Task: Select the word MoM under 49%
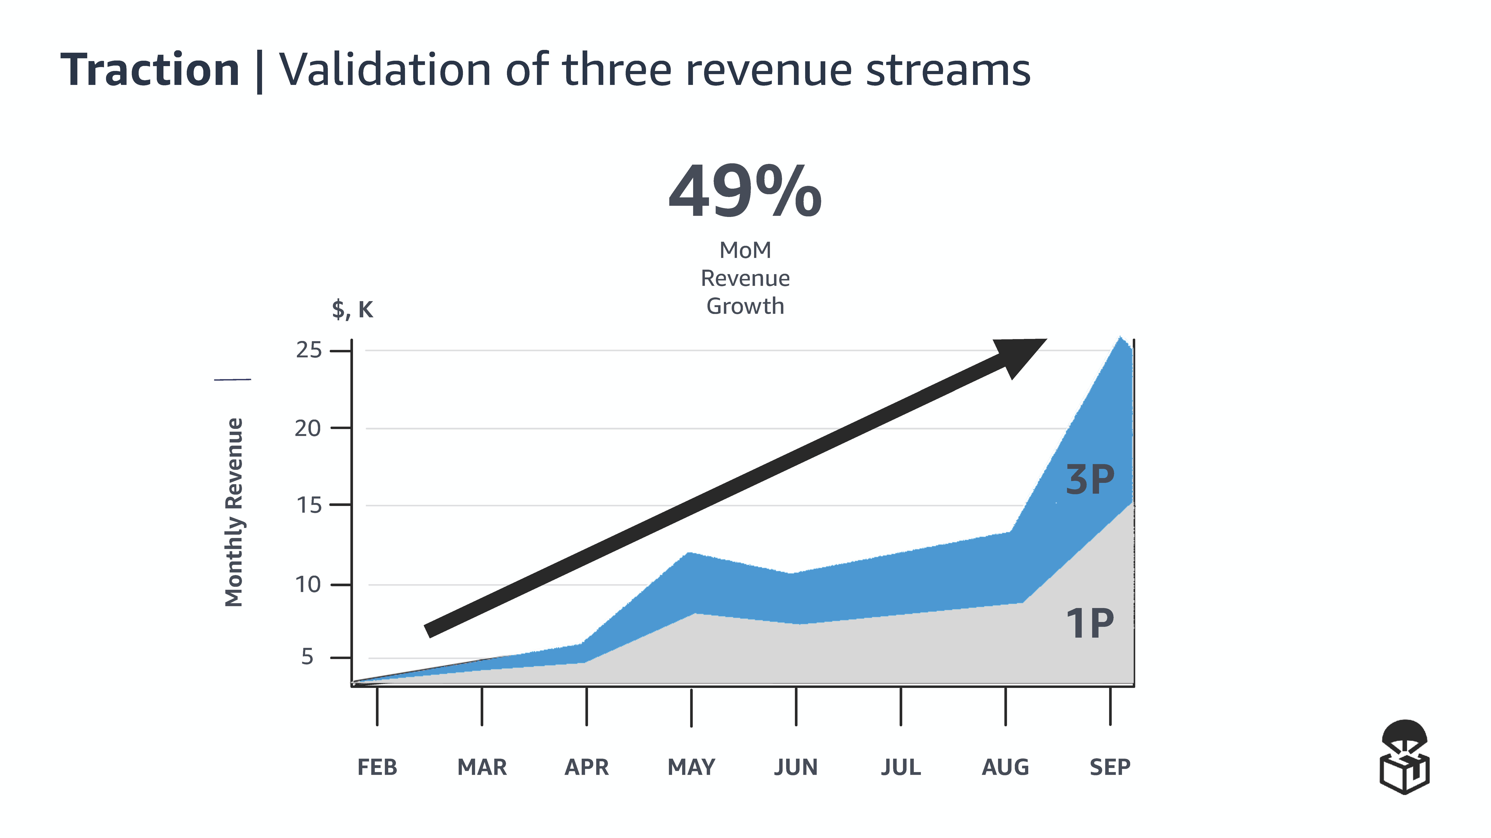pos(745,250)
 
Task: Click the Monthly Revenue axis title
pos(234,512)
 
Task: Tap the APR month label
pos(586,767)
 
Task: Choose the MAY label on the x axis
pos(691,767)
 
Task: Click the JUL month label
pos(901,767)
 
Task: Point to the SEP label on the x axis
pos(1109,767)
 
